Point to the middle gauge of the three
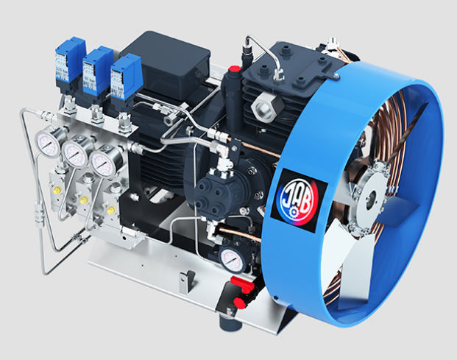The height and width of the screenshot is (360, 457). coord(74,152)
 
